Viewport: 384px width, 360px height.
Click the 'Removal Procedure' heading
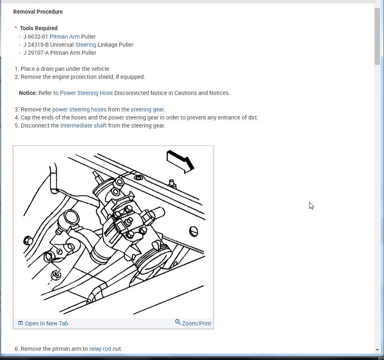(x=38, y=12)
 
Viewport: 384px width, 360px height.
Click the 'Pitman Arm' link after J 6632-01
(x=64, y=37)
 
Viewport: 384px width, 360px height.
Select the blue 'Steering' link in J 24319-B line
(x=86, y=45)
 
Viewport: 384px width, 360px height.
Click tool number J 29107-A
(x=36, y=53)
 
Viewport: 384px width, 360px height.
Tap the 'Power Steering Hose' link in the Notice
(x=86, y=93)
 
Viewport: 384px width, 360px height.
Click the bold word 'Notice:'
(x=28, y=93)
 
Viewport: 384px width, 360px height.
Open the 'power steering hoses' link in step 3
(x=79, y=109)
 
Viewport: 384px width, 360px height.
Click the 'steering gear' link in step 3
(x=147, y=109)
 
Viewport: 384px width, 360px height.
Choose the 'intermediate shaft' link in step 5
(x=84, y=125)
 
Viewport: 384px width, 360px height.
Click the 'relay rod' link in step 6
(x=100, y=349)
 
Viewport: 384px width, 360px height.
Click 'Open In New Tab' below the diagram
(x=47, y=323)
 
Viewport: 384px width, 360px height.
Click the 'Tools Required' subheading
(x=39, y=28)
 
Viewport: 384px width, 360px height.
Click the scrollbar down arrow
(x=377, y=350)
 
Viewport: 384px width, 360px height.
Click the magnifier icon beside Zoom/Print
(x=178, y=322)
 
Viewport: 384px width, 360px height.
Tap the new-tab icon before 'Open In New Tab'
(x=21, y=323)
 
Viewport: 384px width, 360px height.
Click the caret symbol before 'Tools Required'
(x=16, y=28)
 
